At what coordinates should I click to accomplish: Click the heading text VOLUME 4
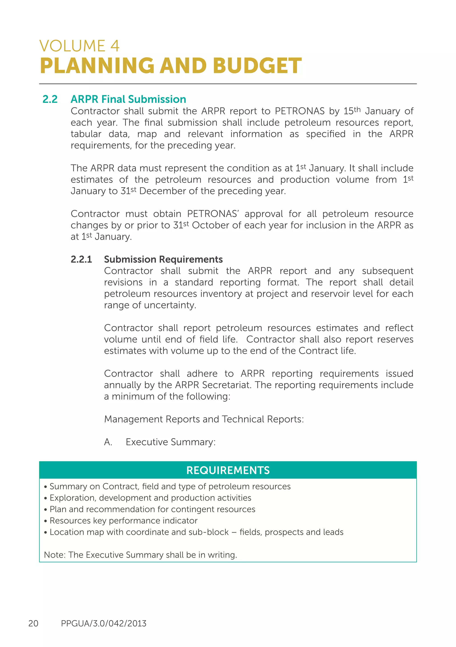pyautogui.click(x=79, y=46)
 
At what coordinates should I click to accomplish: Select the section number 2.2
pyautogui.click(x=50, y=99)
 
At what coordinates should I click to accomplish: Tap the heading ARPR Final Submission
pyautogui.click(x=128, y=99)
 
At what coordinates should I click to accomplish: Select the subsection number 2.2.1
pyautogui.click(x=81, y=259)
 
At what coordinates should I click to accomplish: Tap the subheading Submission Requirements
pyautogui.click(x=163, y=259)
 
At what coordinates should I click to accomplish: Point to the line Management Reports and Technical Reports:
pyautogui.click(x=204, y=419)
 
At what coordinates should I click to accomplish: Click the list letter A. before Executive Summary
pyautogui.click(x=108, y=442)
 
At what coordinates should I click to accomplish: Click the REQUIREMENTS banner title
pyautogui.click(x=228, y=470)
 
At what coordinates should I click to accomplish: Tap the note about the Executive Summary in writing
pyautogui.click(x=140, y=555)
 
